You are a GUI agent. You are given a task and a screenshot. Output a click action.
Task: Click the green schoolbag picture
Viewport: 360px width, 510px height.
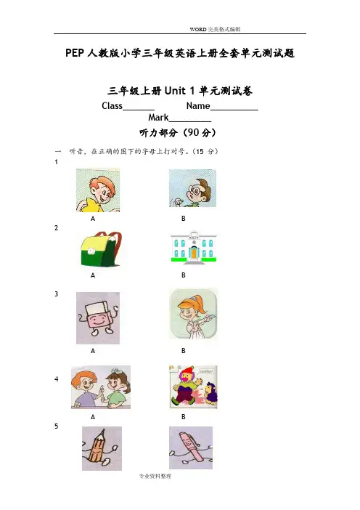click(x=101, y=249)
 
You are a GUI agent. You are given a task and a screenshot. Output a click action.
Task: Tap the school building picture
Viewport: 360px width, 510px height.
click(x=194, y=246)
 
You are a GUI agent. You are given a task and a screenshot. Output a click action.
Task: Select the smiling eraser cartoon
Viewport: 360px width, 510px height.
click(x=98, y=317)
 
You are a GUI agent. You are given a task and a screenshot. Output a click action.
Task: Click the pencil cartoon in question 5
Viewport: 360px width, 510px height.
click(x=102, y=448)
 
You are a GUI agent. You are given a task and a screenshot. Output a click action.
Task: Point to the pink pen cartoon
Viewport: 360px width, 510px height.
click(x=191, y=448)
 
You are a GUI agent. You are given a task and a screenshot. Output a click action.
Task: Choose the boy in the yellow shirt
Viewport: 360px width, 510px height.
click(x=98, y=190)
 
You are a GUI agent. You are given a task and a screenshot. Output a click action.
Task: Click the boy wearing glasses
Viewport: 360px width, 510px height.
click(x=192, y=188)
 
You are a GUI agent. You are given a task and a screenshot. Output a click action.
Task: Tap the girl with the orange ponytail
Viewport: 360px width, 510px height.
click(x=193, y=314)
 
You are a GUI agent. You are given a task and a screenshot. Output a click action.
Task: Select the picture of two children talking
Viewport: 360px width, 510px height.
click(x=101, y=387)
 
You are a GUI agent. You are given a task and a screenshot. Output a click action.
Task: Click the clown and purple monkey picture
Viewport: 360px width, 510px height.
click(x=193, y=386)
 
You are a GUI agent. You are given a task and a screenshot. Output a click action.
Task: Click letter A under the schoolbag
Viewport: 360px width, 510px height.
click(x=93, y=275)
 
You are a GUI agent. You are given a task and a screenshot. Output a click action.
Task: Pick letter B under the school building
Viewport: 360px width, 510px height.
click(x=183, y=275)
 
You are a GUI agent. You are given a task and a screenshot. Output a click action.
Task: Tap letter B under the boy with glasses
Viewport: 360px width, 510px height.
click(x=183, y=219)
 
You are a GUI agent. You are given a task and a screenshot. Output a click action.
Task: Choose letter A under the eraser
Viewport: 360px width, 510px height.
click(x=93, y=351)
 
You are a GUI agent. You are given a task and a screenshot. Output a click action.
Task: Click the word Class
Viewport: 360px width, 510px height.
click(x=112, y=106)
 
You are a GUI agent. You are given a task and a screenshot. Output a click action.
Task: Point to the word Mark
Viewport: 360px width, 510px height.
click(x=158, y=118)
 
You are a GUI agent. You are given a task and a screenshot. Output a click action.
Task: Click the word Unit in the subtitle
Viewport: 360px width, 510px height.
click(x=175, y=91)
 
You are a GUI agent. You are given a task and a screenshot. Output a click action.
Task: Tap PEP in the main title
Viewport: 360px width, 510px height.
click(x=75, y=53)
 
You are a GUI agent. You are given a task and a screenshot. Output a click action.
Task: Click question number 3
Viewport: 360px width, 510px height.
click(x=56, y=294)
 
